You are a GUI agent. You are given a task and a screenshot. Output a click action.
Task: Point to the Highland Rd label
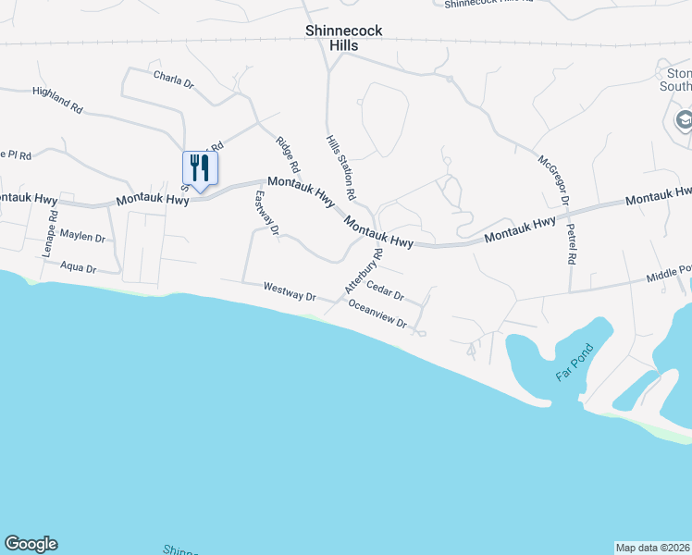coord(57,100)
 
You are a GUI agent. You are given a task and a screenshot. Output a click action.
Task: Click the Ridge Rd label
coord(289,155)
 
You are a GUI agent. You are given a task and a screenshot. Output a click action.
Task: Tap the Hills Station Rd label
coord(340,167)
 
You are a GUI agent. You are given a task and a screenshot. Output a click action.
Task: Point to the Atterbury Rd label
coord(364,271)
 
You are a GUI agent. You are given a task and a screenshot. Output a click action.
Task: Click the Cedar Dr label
coord(386,291)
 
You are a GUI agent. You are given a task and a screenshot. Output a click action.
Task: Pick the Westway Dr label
coord(290,291)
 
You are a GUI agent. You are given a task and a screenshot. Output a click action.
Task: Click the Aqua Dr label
coord(78,267)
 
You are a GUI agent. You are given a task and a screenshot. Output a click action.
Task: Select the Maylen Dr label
coord(82,237)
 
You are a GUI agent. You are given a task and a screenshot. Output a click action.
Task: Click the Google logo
coord(31,544)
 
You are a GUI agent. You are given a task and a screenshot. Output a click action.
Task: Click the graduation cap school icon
coord(683,119)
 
